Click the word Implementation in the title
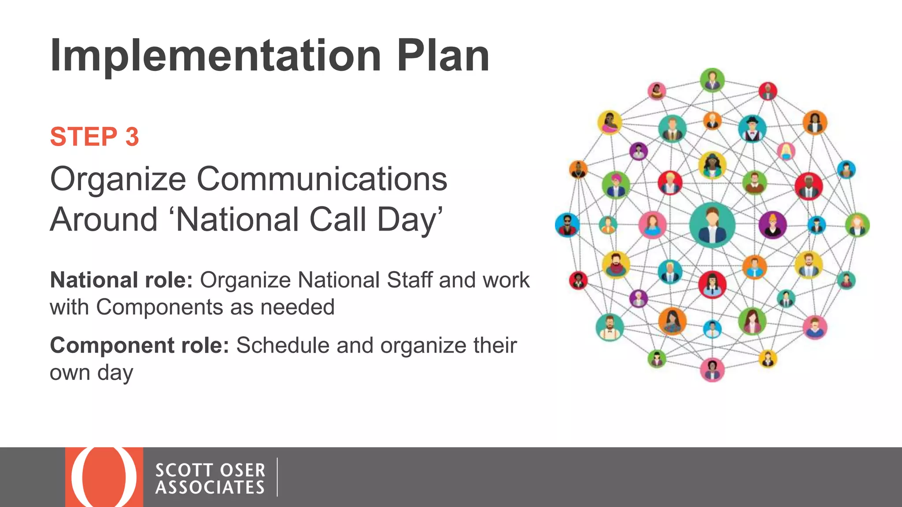click(x=215, y=56)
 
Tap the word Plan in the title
click(x=443, y=56)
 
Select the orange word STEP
click(x=83, y=137)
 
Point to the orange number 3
click(x=132, y=137)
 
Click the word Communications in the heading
click(x=322, y=179)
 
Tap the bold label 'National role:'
click(x=121, y=280)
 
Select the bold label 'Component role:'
click(x=139, y=345)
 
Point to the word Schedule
click(x=283, y=345)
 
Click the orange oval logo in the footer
click(x=104, y=477)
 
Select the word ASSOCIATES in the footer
click(x=210, y=488)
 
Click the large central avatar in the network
click(x=712, y=225)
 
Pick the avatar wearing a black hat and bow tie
click(x=752, y=128)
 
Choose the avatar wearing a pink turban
click(x=615, y=185)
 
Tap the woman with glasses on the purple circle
click(x=773, y=224)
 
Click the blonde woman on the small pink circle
click(x=786, y=151)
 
